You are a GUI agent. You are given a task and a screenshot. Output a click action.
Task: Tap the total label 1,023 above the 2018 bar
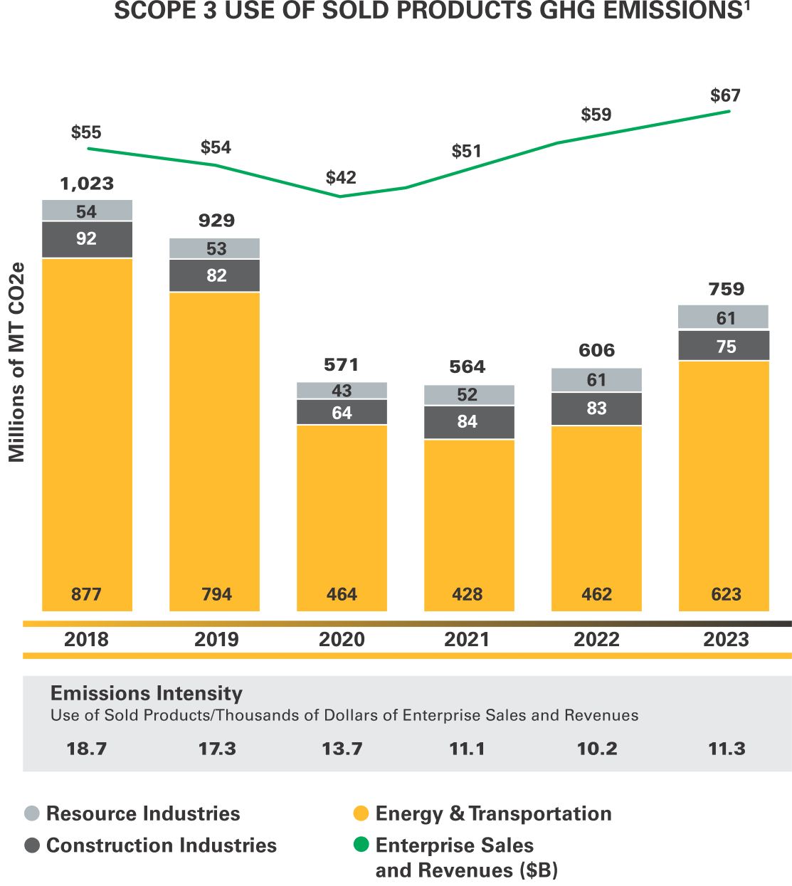tap(87, 184)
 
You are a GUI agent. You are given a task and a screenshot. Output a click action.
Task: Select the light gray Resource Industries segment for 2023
tap(724, 317)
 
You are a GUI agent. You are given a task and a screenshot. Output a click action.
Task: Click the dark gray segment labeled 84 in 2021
tap(468, 422)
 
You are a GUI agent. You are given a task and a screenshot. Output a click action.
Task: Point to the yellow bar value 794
tap(216, 594)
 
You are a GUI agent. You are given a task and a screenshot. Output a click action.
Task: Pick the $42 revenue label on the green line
tap(341, 177)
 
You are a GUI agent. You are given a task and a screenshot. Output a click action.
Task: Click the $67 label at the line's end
tap(725, 95)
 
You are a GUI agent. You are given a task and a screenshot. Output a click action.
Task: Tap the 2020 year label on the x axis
tap(342, 639)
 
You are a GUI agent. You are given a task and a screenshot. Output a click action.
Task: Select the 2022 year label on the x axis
tap(596, 639)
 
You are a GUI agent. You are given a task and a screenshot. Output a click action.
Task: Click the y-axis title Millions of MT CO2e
tap(16, 362)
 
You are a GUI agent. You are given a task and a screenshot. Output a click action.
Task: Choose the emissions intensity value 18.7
tap(87, 749)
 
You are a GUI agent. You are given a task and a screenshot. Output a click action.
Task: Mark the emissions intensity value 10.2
tap(597, 749)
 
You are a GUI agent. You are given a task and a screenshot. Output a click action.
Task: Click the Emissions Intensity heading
tap(147, 693)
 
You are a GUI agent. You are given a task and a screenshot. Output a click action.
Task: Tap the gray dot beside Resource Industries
tap(32, 813)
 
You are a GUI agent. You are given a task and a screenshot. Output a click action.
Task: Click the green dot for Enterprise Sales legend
tap(361, 845)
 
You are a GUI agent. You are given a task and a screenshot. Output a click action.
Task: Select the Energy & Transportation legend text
tap(493, 813)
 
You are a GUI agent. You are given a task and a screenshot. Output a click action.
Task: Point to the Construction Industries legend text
tap(162, 845)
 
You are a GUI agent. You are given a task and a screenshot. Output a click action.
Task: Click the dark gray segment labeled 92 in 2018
tap(87, 239)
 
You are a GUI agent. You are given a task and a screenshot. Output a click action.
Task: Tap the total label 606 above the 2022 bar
tap(596, 350)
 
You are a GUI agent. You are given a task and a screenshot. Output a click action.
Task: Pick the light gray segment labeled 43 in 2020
tap(342, 391)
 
